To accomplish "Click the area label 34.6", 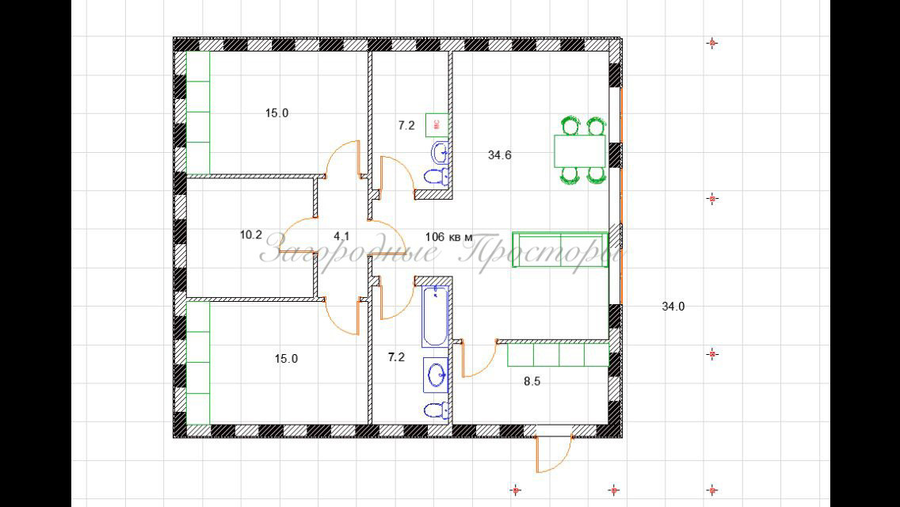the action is pyautogui.click(x=499, y=155).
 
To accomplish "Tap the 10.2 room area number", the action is pyautogui.click(x=250, y=234).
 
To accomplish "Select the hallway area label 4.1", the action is pyautogui.click(x=341, y=235).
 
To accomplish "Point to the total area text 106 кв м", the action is pyautogui.click(x=448, y=236).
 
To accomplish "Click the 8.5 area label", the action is pyautogui.click(x=532, y=381).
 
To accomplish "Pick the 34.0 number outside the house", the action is pyautogui.click(x=673, y=307).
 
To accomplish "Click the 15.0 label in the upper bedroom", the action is pyautogui.click(x=276, y=113).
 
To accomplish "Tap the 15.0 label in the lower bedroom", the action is pyautogui.click(x=286, y=358).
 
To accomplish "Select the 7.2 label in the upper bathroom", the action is pyautogui.click(x=406, y=125).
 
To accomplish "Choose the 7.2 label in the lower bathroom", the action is pyautogui.click(x=396, y=357).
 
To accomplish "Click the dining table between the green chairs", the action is pyautogui.click(x=579, y=151).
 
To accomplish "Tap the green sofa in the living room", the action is pyautogui.click(x=560, y=250).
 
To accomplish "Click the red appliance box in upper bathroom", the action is pyautogui.click(x=437, y=124).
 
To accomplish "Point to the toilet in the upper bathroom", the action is pyautogui.click(x=437, y=176).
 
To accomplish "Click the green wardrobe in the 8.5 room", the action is pyautogui.click(x=558, y=354).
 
